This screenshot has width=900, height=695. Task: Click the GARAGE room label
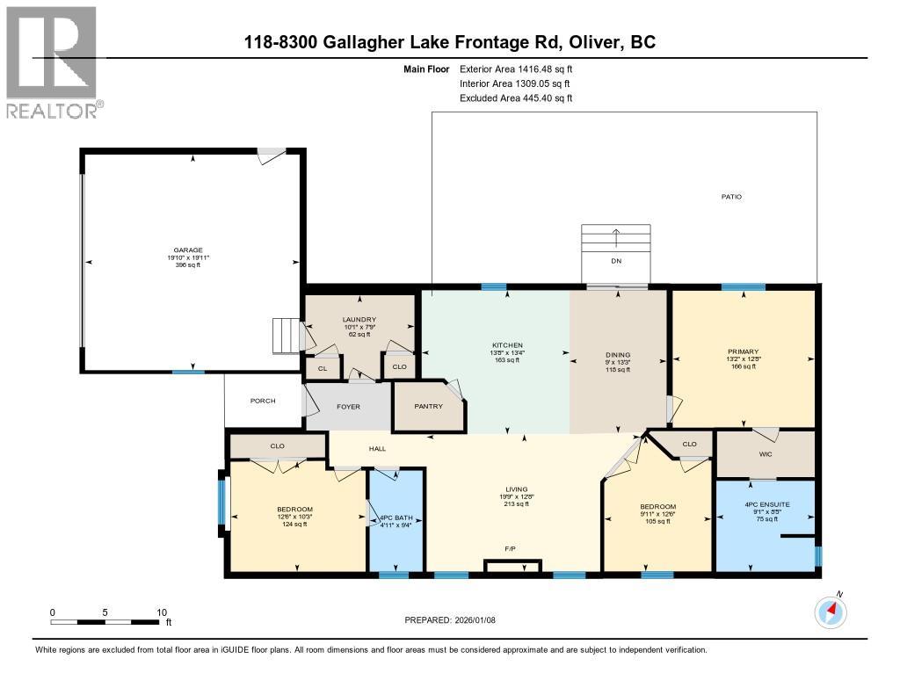point(188,250)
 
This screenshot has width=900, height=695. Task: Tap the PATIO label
point(731,197)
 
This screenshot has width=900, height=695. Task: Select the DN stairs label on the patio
point(615,261)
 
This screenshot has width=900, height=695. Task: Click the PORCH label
point(263,401)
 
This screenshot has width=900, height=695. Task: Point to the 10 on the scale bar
point(161,612)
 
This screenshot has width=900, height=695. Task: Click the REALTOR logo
point(52,62)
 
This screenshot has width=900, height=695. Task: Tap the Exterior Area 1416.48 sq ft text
point(516,69)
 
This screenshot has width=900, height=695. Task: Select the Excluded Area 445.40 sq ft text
point(516,98)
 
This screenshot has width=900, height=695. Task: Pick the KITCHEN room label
point(507,345)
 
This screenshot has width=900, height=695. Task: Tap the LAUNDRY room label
point(359,320)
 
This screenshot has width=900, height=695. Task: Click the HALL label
point(377,449)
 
